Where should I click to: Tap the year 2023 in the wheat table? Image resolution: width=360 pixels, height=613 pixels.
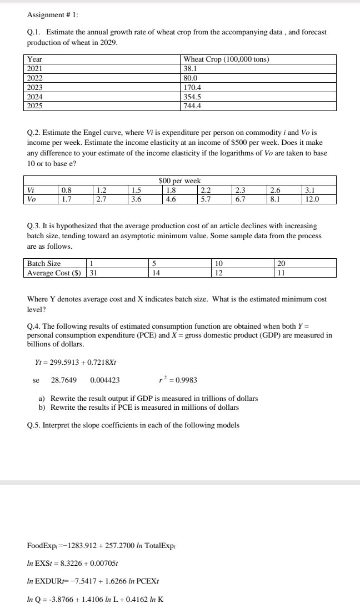point(35,87)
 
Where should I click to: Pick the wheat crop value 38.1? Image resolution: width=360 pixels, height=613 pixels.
point(190,69)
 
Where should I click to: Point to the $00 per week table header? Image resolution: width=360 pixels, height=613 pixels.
point(179,180)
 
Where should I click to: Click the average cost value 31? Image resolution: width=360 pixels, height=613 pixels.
point(93,273)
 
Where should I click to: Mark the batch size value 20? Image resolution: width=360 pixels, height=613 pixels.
point(281,263)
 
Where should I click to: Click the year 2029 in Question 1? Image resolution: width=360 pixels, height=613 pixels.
point(108,42)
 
